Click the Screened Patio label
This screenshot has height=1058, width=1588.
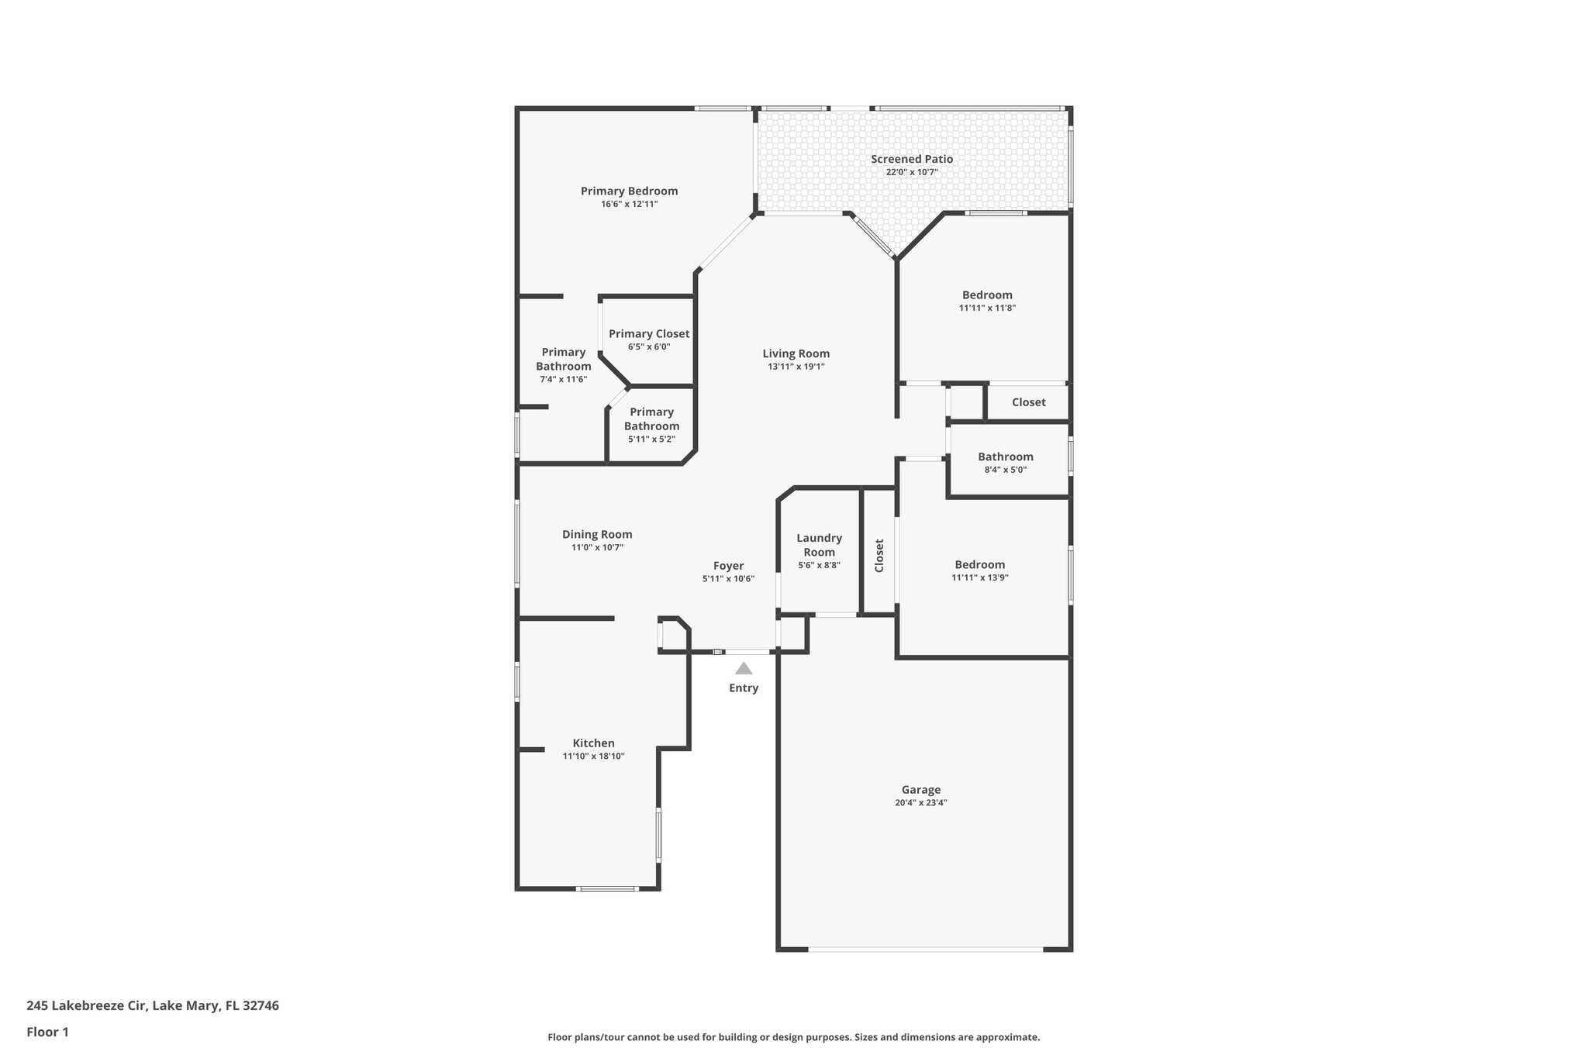[x=911, y=159]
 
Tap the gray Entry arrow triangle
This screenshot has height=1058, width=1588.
[x=744, y=668]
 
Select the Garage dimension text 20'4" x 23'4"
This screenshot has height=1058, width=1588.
[x=920, y=803]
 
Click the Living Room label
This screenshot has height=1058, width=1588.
[x=796, y=353]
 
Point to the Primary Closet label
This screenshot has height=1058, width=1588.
[x=649, y=333]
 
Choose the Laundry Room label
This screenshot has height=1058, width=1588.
[x=819, y=545]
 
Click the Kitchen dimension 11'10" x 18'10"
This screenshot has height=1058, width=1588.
[x=593, y=756]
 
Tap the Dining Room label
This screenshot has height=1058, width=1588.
[x=597, y=534]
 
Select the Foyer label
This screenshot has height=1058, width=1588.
[x=728, y=566]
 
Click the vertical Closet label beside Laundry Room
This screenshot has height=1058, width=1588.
[x=879, y=555]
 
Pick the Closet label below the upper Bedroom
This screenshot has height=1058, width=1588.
[x=1028, y=402]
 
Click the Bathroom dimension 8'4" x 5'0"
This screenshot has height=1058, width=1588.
[x=1005, y=470]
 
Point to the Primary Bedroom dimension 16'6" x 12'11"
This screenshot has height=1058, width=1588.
[x=629, y=204]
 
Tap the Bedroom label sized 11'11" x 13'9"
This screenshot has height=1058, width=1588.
[x=979, y=564]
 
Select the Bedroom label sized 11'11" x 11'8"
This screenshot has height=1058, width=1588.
[x=987, y=295]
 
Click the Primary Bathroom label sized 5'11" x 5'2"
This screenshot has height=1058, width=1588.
[x=651, y=419]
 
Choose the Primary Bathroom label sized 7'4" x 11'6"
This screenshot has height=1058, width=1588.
[x=564, y=359]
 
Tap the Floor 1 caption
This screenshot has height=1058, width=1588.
[x=47, y=1032]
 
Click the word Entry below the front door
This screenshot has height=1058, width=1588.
[x=744, y=688]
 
